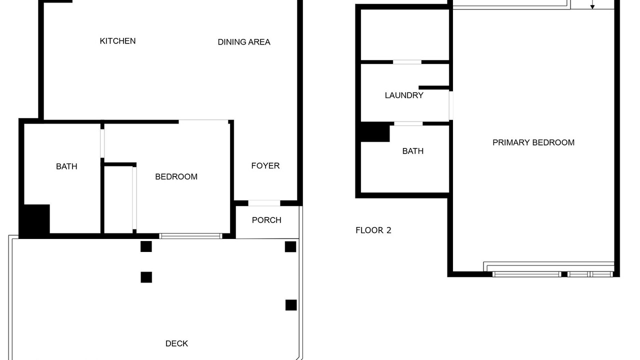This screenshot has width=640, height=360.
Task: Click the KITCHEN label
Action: (117, 41)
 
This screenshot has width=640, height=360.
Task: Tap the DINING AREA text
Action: (244, 42)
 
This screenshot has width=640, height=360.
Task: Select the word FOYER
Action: (265, 165)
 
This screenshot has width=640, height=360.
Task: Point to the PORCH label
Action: (266, 220)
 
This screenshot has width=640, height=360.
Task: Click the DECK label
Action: (176, 343)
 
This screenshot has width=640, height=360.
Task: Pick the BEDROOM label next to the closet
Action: (176, 176)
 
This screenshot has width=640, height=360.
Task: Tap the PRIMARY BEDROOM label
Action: (533, 142)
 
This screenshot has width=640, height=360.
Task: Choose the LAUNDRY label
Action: (404, 95)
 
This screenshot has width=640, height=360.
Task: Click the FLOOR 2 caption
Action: (373, 230)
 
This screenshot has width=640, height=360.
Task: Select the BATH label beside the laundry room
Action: (413, 151)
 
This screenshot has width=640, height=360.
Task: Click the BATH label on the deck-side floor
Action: (66, 166)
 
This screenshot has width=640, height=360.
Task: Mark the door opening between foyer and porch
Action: (264, 203)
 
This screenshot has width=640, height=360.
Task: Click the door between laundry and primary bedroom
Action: (451, 105)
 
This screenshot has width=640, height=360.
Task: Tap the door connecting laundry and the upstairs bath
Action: (408, 123)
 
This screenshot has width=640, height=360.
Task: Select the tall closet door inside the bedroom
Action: (134, 198)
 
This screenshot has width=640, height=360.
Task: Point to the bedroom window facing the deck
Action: (190, 236)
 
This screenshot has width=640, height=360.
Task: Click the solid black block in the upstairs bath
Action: (375, 132)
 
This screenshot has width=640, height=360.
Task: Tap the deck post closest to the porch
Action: (290, 247)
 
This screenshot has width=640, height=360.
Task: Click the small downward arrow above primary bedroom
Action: (592, 4)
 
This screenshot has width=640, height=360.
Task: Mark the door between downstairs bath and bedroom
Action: (102, 143)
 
